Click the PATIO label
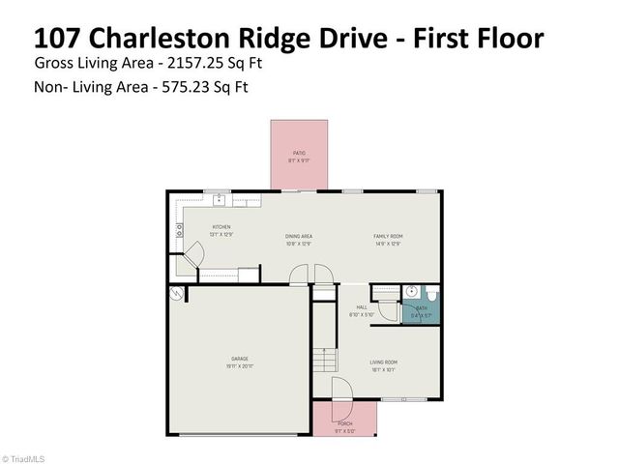tap(300, 153)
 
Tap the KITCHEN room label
tap(221, 227)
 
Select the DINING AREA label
tap(298, 237)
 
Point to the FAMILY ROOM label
tap(389, 237)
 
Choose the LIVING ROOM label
tap(384, 362)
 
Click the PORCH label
tap(344, 423)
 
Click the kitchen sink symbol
tap(221, 199)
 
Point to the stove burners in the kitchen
tap(179, 230)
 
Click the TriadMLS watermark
tap(23, 458)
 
